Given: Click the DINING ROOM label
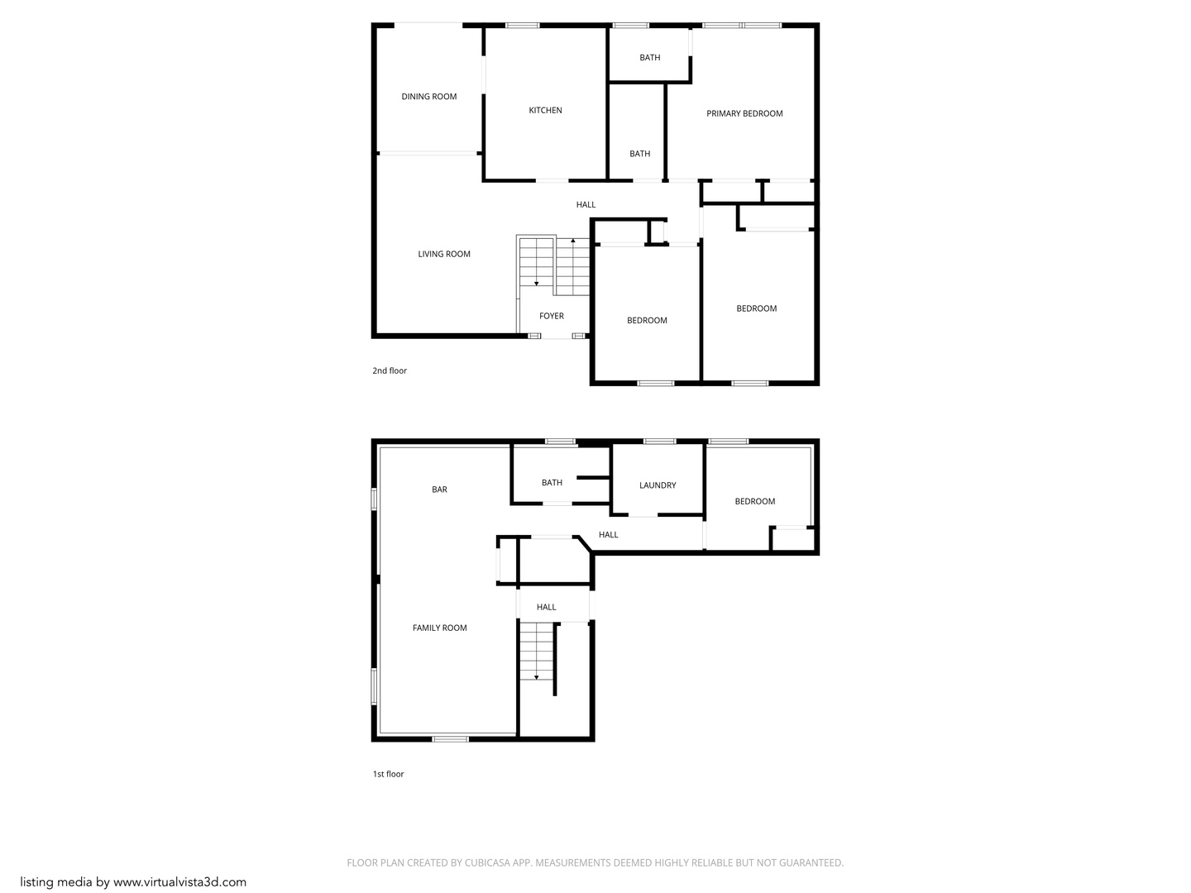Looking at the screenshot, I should pos(428,97).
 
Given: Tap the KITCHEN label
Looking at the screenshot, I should pos(545,110).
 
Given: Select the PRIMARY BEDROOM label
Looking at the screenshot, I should pos(744,113).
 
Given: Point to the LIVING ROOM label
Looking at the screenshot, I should pos(444,254).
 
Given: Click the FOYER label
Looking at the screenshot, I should pos(552,316).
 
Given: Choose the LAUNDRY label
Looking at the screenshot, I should pos(658,485).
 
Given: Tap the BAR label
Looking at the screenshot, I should pos(439,489).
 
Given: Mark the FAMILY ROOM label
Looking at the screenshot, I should pos(439,628).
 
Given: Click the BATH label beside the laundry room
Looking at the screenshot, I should pos(552,483).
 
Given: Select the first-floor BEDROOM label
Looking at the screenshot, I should pos(755,501).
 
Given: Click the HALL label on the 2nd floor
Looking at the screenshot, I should pos(586,204).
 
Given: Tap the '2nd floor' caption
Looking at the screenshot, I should pos(390,370).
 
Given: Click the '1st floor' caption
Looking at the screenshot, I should pos(388,774).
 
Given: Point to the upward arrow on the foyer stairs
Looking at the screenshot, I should pos(573,241).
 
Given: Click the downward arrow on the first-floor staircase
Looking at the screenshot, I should pos(537,676).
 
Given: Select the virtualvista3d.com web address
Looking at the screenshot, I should pos(179,882).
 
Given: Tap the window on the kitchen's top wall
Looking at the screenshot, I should pos(523,26).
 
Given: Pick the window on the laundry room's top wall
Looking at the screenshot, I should pos(659,442).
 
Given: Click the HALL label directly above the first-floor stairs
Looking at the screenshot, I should pos(546,607).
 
